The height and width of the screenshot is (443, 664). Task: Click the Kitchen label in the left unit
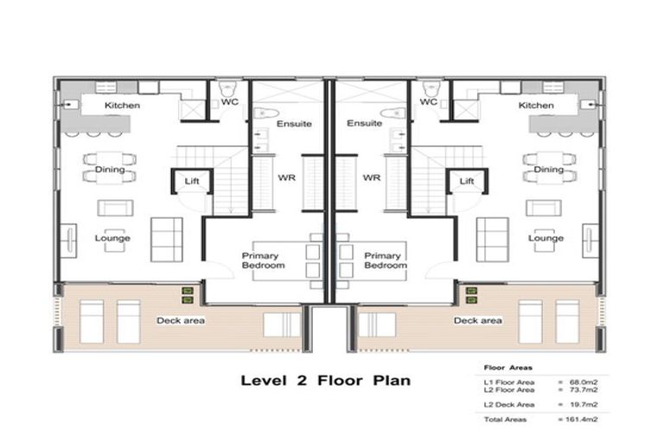tap(122, 106)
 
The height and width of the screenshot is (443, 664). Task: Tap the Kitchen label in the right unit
tap(536, 106)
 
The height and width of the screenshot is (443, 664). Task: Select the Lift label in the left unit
tap(192, 181)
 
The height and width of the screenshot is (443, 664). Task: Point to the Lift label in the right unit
tap(467, 181)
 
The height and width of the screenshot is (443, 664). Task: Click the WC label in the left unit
tap(230, 102)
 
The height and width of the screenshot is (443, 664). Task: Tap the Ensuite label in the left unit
tap(294, 124)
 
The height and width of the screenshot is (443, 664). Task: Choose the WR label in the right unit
tap(372, 178)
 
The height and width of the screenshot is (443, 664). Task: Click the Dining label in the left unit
tap(111, 170)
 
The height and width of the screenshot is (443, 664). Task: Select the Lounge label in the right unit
tap(546, 238)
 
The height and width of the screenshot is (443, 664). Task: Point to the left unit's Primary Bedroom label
tap(263, 260)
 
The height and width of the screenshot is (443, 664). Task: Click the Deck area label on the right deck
tap(478, 320)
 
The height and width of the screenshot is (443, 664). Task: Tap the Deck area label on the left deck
tap(180, 320)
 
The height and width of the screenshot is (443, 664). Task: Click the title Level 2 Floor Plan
tap(325, 380)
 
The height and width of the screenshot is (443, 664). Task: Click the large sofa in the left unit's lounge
tap(167, 239)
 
